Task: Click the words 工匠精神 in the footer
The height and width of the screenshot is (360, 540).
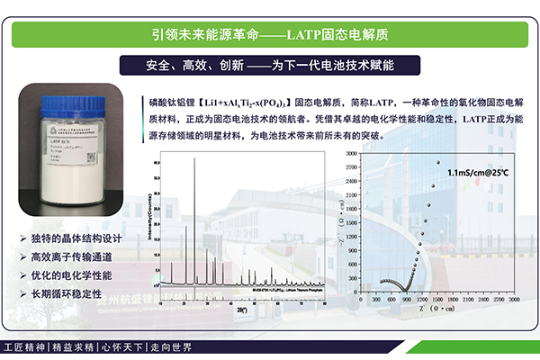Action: (x=24, y=346)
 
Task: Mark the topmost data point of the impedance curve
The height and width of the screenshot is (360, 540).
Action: (x=438, y=163)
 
